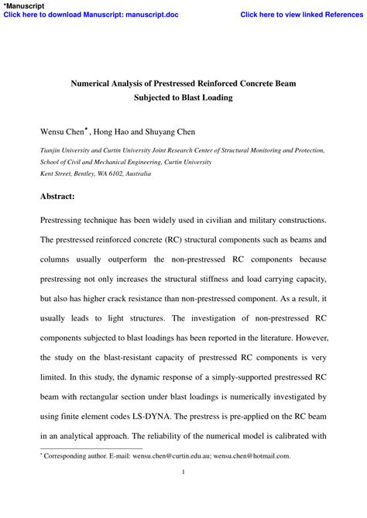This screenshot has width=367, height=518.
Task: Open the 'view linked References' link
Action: tap(301, 15)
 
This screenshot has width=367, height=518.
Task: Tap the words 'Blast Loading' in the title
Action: tap(204, 98)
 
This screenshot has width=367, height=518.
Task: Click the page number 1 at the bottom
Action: tap(183, 472)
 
